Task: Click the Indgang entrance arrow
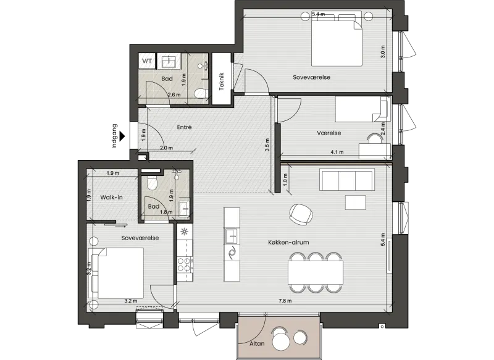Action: (x=122, y=136)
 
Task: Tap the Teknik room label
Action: (x=221, y=82)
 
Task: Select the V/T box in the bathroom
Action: (x=147, y=61)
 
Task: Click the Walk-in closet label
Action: (x=111, y=198)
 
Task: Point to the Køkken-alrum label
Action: (x=288, y=242)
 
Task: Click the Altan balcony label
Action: (x=257, y=343)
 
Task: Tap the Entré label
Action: (x=184, y=127)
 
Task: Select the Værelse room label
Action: (x=329, y=133)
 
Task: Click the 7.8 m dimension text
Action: (x=285, y=301)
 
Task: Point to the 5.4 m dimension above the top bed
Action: (x=318, y=14)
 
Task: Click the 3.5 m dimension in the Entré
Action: (x=267, y=145)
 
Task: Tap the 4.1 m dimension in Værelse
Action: (x=337, y=152)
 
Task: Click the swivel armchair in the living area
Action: (x=301, y=214)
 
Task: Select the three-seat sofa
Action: (x=347, y=180)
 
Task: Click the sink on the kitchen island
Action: (x=232, y=237)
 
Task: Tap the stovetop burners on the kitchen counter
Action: (x=185, y=264)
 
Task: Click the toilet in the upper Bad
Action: (x=200, y=93)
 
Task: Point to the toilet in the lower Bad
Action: (x=152, y=182)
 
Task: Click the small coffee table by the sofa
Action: (x=356, y=203)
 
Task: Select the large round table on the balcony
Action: (x=281, y=341)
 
